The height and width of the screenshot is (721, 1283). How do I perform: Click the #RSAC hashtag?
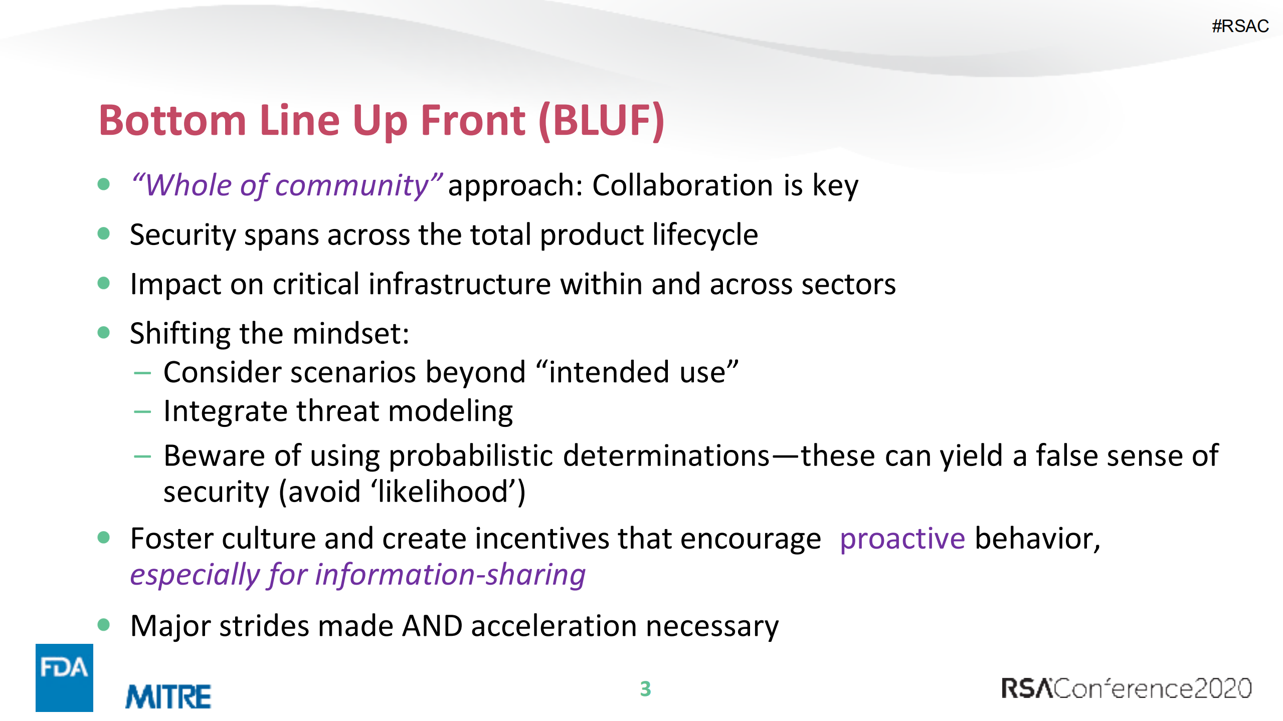[x=1240, y=26]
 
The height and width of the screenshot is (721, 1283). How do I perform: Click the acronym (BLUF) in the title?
[x=601, y=121]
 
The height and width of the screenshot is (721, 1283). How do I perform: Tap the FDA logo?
[x=64, y=677]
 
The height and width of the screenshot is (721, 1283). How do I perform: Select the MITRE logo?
[x=168, y=696]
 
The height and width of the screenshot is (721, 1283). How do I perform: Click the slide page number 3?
[x=645, y=689]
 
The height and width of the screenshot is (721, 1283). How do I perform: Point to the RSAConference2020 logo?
[x=1126, y=688]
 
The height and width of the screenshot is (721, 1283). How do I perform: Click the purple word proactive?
[x=902, y=539]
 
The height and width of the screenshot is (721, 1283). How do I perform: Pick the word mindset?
[x=351, y=333]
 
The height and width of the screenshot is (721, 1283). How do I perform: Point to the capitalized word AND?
[x=432, y=626]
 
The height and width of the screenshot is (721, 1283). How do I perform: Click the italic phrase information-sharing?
[x=450, y=575]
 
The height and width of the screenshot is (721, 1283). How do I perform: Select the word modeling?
[x=450, y=412]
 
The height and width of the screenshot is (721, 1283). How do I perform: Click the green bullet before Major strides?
[x=104, y=625]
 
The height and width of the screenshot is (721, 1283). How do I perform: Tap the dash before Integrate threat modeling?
[x=142, y=412]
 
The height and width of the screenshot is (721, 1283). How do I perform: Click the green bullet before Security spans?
[x=104, y=233]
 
